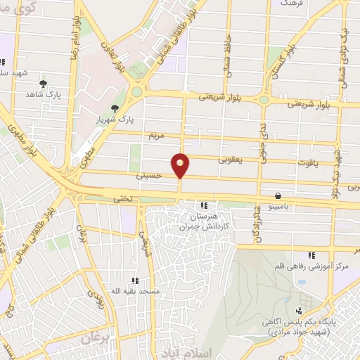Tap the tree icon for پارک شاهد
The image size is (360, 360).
pyautogui.click(x=43, y=84)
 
